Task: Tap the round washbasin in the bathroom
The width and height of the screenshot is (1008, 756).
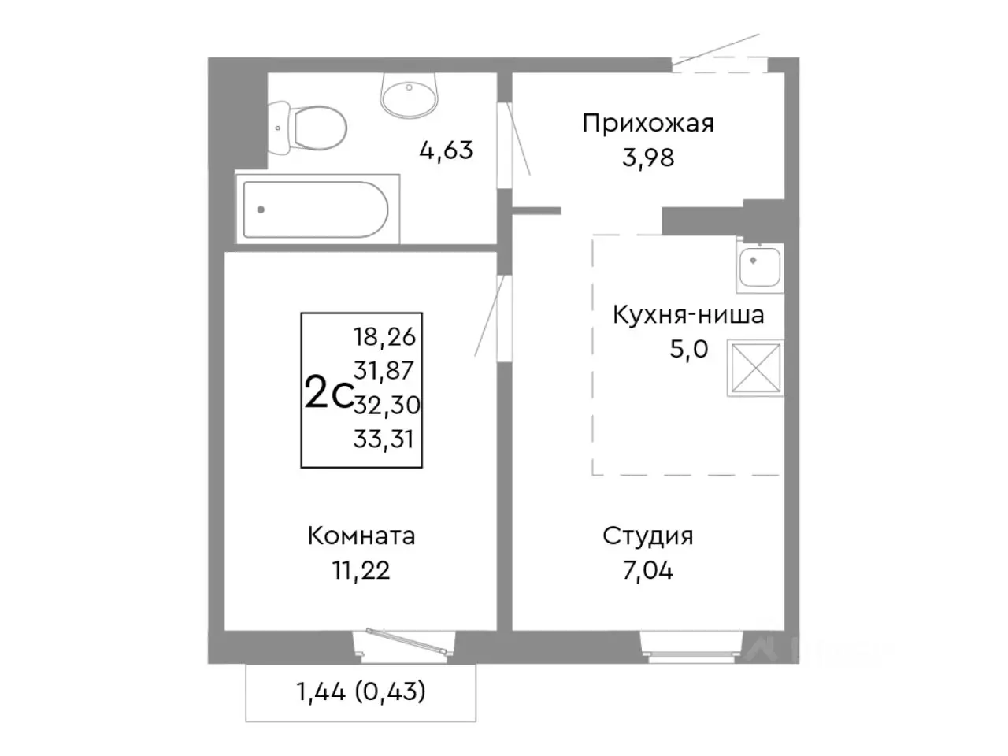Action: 409,94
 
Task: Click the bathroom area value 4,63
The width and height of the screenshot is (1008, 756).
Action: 446,150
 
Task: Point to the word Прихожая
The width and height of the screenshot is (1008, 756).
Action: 647,124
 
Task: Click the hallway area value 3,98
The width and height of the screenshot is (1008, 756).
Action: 647,157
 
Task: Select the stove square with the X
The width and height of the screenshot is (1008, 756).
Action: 755,368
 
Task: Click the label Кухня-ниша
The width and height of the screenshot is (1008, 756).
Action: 688,315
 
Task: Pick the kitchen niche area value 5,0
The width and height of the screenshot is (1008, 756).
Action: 688,349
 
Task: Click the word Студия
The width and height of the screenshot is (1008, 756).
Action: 647,536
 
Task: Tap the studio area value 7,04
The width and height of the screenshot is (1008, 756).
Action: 647,570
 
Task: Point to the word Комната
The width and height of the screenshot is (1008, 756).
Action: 361,536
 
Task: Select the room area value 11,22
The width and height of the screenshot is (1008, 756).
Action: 361,570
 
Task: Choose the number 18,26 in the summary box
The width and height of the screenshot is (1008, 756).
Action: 384,337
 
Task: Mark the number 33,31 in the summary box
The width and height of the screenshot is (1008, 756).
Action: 384,439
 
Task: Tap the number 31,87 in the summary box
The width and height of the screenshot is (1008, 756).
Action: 384,370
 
